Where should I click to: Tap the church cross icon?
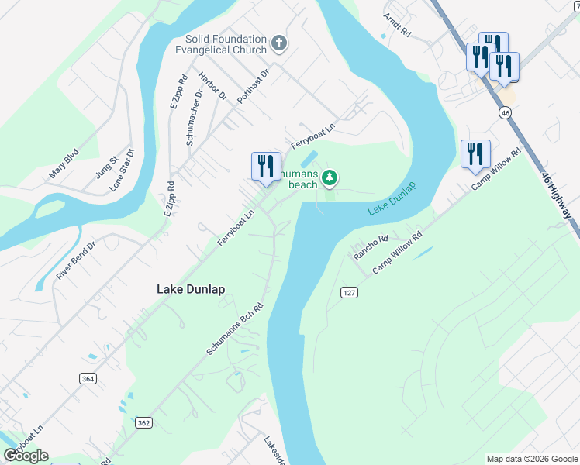tap(279, 42)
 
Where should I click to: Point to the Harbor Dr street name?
tap(212, 87)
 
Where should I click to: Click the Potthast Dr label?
tap(253, 85)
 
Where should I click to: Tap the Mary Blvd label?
tap(64, 165)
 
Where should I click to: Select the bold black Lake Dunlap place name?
tap(191, 289)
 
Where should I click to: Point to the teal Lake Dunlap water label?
tap(392, 199)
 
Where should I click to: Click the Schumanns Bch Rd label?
tap(235, 329)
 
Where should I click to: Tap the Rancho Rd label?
tap(370, 247)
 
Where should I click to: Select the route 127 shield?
tap(347, 291)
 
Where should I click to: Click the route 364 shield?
tap(87, 377)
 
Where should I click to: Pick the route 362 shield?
tap(143, 422)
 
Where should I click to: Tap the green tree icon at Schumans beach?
tap(330, 178)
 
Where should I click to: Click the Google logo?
tap(26, 456)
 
